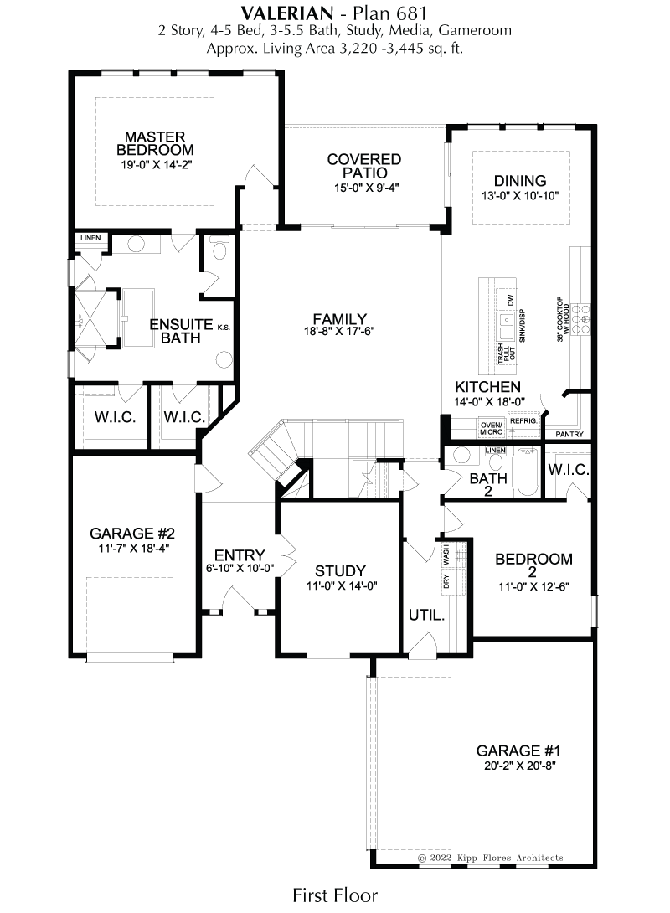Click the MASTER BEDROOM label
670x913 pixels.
click(x=156, y=143)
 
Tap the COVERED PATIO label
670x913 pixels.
click(x=364, y=166)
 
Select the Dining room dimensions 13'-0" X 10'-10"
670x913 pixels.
click(x=520, y=196)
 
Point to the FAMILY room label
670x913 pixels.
click(x=340, y=319)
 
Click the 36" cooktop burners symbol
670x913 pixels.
click(x=580, y=319)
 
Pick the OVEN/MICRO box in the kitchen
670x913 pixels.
click(x=492, y=428)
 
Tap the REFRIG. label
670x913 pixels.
click(x=523, y=421)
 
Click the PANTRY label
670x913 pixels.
click(x=569, y=435)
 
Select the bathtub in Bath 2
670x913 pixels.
click(x=528, y=471)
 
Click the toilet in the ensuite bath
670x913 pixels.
click(x=219, y=250)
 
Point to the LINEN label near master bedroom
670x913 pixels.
click(x=90, y=238)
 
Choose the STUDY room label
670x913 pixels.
click(x=341, y=571)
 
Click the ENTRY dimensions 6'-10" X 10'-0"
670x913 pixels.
click(x=240, y=568)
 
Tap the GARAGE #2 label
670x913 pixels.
click(x=132, y=534)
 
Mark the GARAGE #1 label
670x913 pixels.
click(x=518, y=751)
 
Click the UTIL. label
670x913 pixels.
click(x=426, y=615)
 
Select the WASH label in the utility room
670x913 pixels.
click(x=446, y=555)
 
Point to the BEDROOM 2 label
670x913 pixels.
click(x=533, y=565)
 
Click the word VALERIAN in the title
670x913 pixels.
click(x=287, y=13)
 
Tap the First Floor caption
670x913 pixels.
click(x=335, y=895)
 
